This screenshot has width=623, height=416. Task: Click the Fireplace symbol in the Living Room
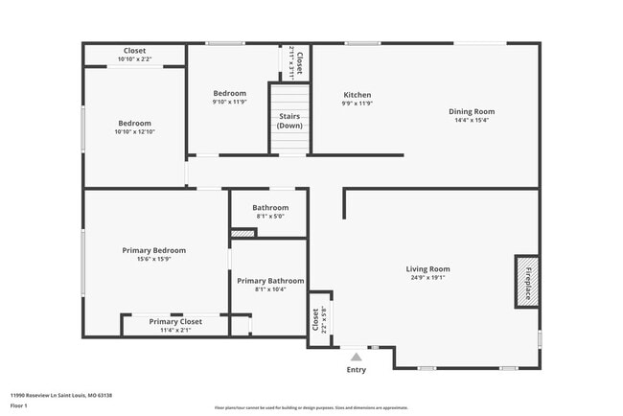(x=524, y=280)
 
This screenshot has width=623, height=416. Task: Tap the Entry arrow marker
(x=356, y=357)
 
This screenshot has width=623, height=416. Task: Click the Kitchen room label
(x=358, y=95)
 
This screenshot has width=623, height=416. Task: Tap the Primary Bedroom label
(x=153, y=250)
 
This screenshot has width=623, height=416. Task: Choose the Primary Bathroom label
(x=271, y=281)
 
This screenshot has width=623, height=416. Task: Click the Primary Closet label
(x=175, y=321)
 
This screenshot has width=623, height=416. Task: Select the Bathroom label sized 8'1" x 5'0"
(x=270, y=208)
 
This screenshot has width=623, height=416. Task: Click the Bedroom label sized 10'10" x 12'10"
(x=134, y=123)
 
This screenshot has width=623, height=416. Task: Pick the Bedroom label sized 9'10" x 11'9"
(x=229, y=93)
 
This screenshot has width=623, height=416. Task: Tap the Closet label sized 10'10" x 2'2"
(x=134, y=51)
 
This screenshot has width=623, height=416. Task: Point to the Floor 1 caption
(x=20, y=405)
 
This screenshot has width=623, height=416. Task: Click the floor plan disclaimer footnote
(x=311, y=407)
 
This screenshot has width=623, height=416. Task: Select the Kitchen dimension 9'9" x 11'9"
(x=358, y=104)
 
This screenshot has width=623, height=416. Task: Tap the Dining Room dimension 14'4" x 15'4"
(x=472, y=120)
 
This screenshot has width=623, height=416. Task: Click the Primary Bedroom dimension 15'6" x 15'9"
(x=153, y=259)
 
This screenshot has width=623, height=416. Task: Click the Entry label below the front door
(x=356, y=369)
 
